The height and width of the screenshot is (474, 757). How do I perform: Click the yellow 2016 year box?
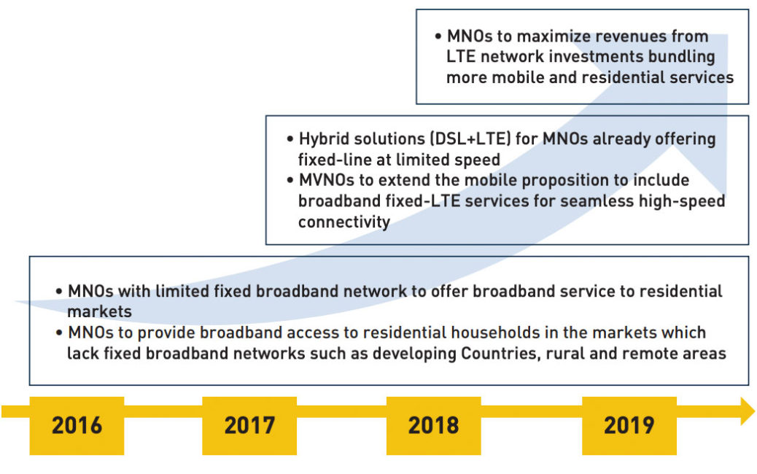click(x=77, y=425)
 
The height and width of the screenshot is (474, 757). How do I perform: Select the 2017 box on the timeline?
click(x=249, y=425)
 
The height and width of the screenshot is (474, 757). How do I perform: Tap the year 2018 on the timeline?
click(x=433, y=425)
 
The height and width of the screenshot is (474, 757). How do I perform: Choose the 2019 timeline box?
click(x=629, y=425)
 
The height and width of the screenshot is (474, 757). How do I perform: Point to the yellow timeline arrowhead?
click(x=748, y=411)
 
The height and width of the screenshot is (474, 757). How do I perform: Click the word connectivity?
click(x=344, y=222)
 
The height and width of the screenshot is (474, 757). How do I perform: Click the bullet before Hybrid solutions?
click(x=290, y=139)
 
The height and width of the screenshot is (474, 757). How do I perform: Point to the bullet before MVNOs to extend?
click(x=290, y=181)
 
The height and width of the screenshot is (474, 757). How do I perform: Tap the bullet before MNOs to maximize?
click(x=438, y=36)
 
